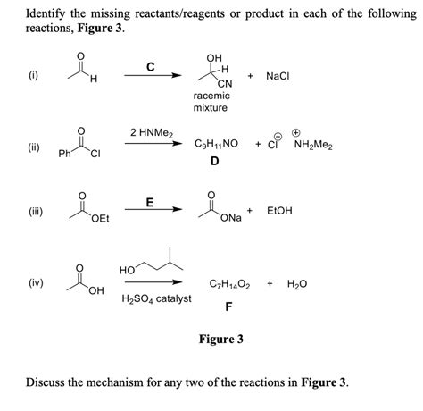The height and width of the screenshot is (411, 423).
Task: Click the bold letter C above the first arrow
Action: coord(150,66)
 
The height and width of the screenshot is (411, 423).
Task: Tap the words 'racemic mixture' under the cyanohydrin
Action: coord(211,101)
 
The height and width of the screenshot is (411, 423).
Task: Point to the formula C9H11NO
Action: coord(216,144)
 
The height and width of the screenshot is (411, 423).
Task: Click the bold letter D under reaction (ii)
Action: coord(214,162)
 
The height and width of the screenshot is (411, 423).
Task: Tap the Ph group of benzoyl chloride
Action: coord(64,154)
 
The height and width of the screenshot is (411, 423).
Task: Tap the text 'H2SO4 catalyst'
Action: coord(156,298)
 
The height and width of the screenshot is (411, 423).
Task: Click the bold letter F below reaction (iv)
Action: coord(229,306)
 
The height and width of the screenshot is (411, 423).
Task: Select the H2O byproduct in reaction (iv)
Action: coord(297,284)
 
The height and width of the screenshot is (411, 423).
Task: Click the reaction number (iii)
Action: coord(34,211)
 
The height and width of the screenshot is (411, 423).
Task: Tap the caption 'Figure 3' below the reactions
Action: coord(220,340)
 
